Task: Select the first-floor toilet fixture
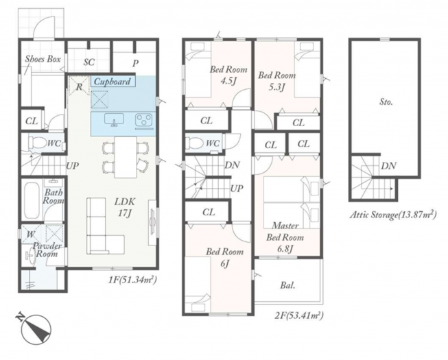pyautogui.click(x=36, y=142)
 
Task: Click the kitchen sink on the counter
pyautogui.click(x=114, y=119)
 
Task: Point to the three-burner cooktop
pyautogui.click(x=144, y=120)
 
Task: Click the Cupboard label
pyautogui.click(x=113, y=82)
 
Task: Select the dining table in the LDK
pyautogui.click(x=126, y=157)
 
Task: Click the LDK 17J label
pyautogui.click(x=125, y=207)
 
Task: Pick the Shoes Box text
pyautogui.click(x=43, y=59)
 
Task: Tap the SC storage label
pyautogui.click(x=89, y=62)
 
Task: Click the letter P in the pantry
pyautogui.click(x=135, y=63)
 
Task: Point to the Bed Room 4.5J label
pyautogui.click(x=228, y=75)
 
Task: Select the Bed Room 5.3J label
pyautogui.click(x=276, y=81)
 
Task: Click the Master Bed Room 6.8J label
pyautogui.click(x=285, y=237)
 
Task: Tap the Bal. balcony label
pyautogui.click(x=287, y=285)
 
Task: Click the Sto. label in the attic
pyautogui.click(x=386, y=102)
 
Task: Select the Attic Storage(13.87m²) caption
pyautogui.click(x=393, y=215)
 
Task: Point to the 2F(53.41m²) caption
pyautogui.click(x=299, y=315)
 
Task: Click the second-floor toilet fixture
pyautogui.click(x=193, y=143)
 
